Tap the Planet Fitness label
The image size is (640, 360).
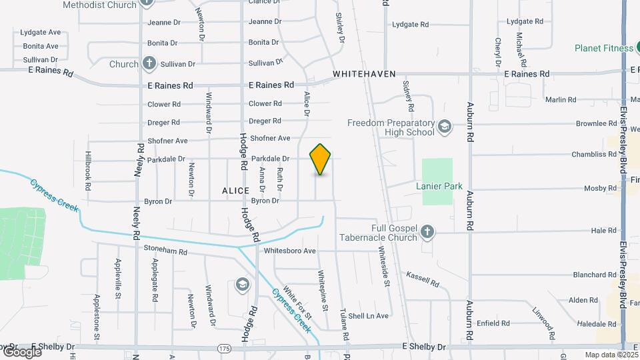pyautogui.click(x=604, y=48)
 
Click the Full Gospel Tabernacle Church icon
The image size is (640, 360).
pyautogui.click(x=427, y=231)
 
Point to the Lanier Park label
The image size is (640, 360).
pyautogui.click(x=439, y=187)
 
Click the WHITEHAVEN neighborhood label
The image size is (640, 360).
pyautogui.click(x=364, y=74)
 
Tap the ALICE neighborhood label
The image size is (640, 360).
pyautogui.click(x=235, y=191)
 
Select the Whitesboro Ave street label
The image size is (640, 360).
pyautogui.click(x=289, y=251)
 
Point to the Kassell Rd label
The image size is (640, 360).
pyautogui.click(x=423, y=279)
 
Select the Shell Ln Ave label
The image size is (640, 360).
pyautogui.click(x=368, y=315)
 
